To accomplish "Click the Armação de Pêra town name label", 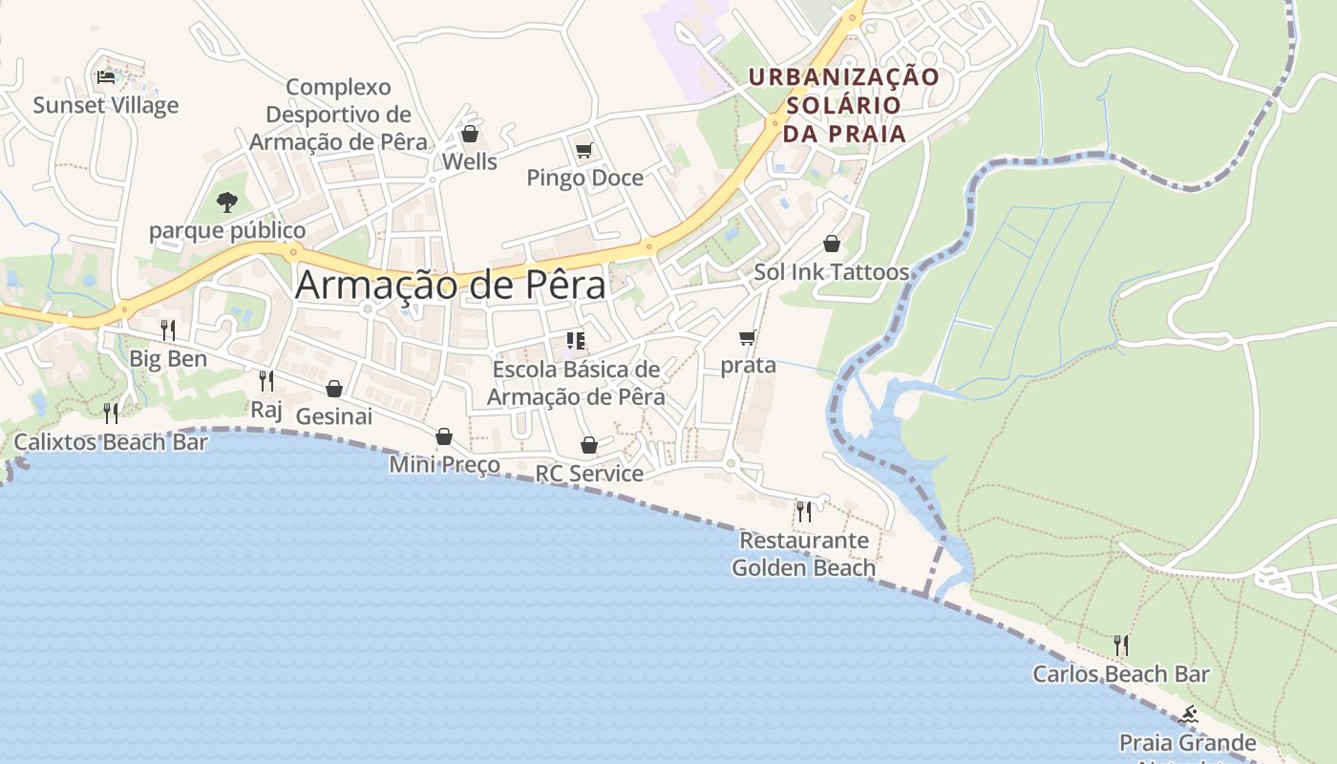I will tap(450, 286).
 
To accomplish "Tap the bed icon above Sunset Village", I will tap(106, 76).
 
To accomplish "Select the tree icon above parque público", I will tap(227, 202).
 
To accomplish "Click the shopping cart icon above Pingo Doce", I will tap(584, 150).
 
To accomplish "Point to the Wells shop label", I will tap(469, 161).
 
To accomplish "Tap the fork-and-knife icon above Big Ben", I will tap(168, 330).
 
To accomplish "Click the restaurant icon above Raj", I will tap(266, 381).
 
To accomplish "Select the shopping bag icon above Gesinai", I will tap(334, 389).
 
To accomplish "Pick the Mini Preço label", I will tap(444, 465).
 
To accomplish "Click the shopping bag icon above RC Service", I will tap(589, 445).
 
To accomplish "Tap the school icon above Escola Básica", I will tap(576, 341).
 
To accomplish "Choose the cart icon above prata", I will tap(748, 337).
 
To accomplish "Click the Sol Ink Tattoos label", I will tap(831, 272).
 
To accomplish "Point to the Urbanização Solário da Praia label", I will tap(844, 105).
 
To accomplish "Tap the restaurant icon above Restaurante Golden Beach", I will tap(804, 512).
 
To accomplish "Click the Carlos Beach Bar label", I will tap(1120, 674).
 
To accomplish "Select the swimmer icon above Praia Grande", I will tap(1189, 714).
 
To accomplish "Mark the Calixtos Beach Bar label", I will tap(111, 442).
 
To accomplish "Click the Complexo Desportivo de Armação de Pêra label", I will tap(338, 115).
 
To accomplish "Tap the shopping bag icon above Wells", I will tap(469, 134).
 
